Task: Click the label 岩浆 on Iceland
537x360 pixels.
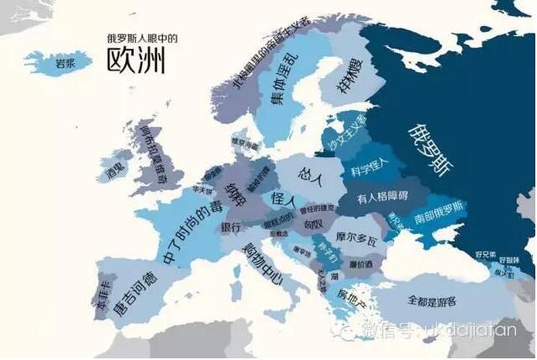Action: (x=64, y=61)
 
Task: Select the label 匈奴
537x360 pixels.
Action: (x=313, y=225)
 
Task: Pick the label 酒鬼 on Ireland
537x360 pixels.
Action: (x=113, y=168)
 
